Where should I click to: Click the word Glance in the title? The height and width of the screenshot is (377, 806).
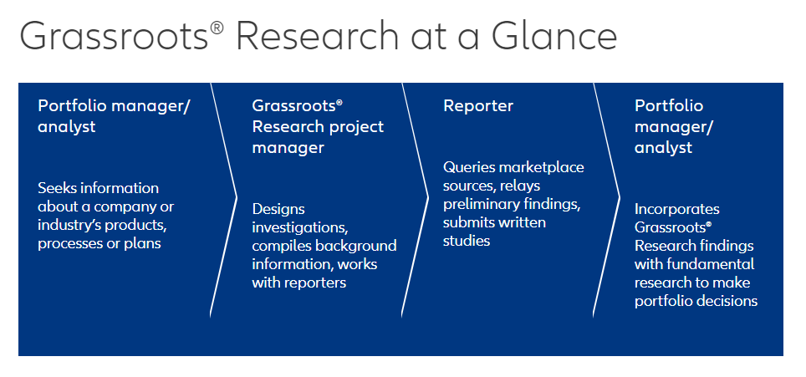click(x=553, y=35)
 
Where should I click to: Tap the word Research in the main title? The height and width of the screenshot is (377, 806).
click(x=317, y=35)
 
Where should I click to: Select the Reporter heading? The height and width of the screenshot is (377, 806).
click(x=478, y=106)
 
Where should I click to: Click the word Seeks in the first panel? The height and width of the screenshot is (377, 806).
click(x=54, y=188)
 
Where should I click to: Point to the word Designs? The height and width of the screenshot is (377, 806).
click(x=278, y=210)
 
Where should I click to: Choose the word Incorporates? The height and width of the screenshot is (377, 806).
click(x=677, y=209)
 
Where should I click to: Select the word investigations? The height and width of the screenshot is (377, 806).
click(x=300, y=227)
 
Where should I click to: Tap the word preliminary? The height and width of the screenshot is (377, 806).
click(x=482, y=205)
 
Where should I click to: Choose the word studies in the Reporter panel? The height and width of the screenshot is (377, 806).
click(x=467, y=241)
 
